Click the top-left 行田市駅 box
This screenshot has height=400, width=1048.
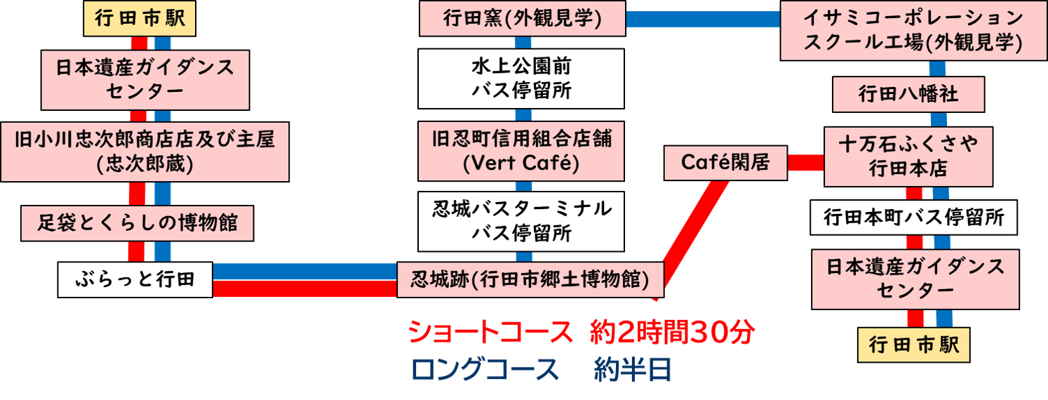click(x=138, y=19)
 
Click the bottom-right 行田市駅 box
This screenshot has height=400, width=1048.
click(x=914, y=345)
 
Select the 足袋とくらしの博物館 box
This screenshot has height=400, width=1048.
click(x=137, y=224)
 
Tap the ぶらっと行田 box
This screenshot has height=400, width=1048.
click(x=135, y=279)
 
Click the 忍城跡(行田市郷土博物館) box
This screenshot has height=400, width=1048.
click(x=530, y=279)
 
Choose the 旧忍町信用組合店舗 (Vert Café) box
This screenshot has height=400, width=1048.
click(x=521, y=151)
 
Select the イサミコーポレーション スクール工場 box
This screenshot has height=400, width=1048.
click(x=913, y=32)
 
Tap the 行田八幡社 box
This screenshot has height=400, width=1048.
click(x=908, y=94)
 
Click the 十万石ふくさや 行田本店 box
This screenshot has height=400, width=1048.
click(x=908, y=156)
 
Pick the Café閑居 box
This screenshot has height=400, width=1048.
click(x=725, y=163)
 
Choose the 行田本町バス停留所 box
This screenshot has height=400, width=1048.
click(x=913, y=218)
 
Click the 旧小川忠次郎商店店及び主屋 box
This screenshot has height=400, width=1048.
click(x=145, y=151)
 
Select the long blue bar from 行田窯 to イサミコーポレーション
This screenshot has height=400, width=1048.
click(x=702, y=19)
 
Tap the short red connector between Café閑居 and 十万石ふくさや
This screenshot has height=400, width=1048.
click(x=805, y=163)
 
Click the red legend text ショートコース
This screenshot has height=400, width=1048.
click(x=490, y=333)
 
